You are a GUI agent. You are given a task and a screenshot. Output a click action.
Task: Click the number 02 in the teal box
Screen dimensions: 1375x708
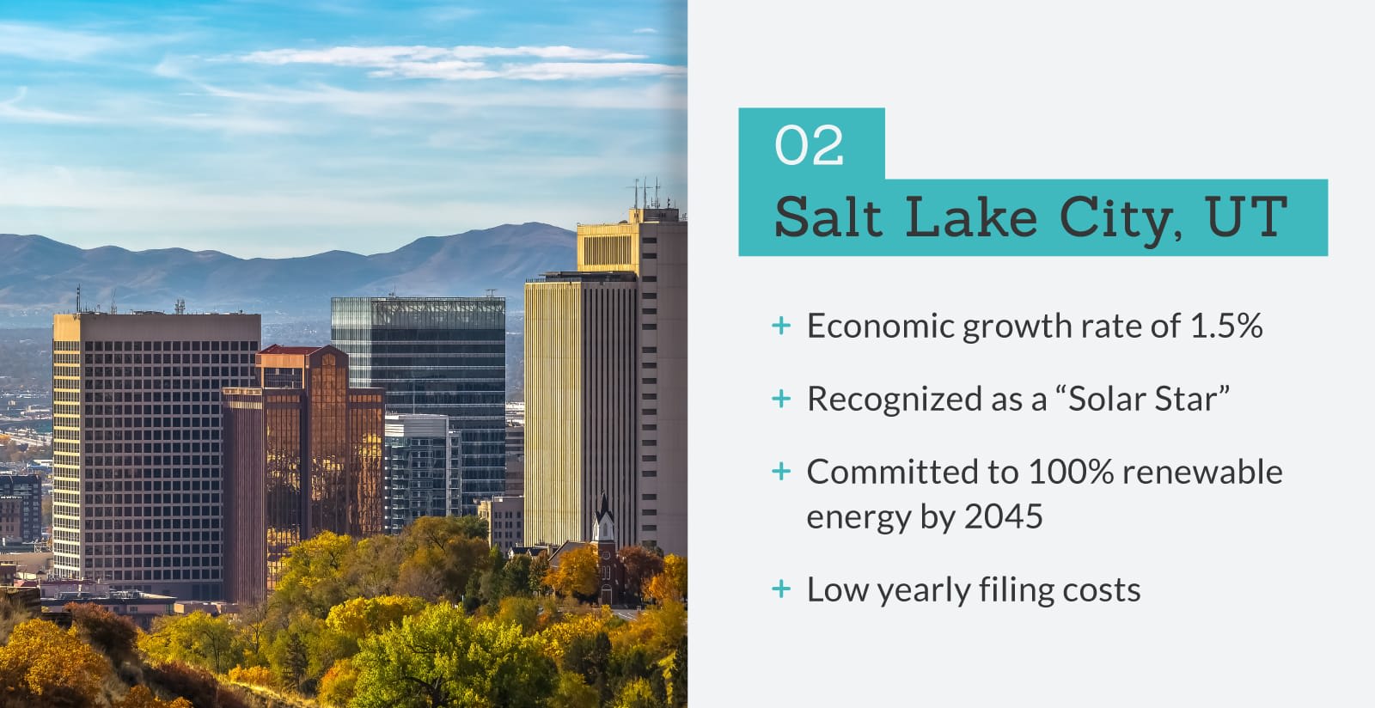(809, 145)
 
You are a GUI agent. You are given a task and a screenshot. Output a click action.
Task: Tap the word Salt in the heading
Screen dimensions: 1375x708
(828, 217)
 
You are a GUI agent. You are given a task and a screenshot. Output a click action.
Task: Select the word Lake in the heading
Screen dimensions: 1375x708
(971, 217)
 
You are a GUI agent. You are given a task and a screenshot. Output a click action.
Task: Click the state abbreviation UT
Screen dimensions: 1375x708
(1245, 217)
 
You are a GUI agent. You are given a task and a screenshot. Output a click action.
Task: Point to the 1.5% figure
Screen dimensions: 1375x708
(1225, 325)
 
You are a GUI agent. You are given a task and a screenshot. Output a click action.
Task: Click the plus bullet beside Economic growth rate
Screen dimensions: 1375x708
(781, 325)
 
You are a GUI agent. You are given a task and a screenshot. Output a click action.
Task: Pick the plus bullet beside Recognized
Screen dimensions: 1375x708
(781, 399)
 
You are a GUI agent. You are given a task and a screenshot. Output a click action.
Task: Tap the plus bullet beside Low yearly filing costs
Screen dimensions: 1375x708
(781, 589)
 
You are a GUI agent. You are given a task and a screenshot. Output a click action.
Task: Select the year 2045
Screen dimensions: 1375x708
(1003, 516)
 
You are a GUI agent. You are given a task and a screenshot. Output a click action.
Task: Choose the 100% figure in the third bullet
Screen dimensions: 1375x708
(1071, 472)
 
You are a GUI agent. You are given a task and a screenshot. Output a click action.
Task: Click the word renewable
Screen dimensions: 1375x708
(1203, 472)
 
